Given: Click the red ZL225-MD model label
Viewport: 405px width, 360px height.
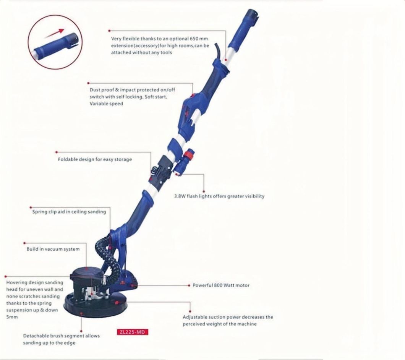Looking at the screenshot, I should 131,332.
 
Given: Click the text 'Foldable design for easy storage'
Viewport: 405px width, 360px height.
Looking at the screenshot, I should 94,159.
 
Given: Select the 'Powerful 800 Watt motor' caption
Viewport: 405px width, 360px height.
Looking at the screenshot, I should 221,285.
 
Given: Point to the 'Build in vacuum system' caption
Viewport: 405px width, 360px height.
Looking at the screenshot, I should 53,249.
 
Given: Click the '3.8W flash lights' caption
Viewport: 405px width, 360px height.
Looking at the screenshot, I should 219,196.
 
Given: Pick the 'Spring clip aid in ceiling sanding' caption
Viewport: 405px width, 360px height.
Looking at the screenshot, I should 69,212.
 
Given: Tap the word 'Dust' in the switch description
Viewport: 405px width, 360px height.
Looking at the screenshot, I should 94,89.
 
